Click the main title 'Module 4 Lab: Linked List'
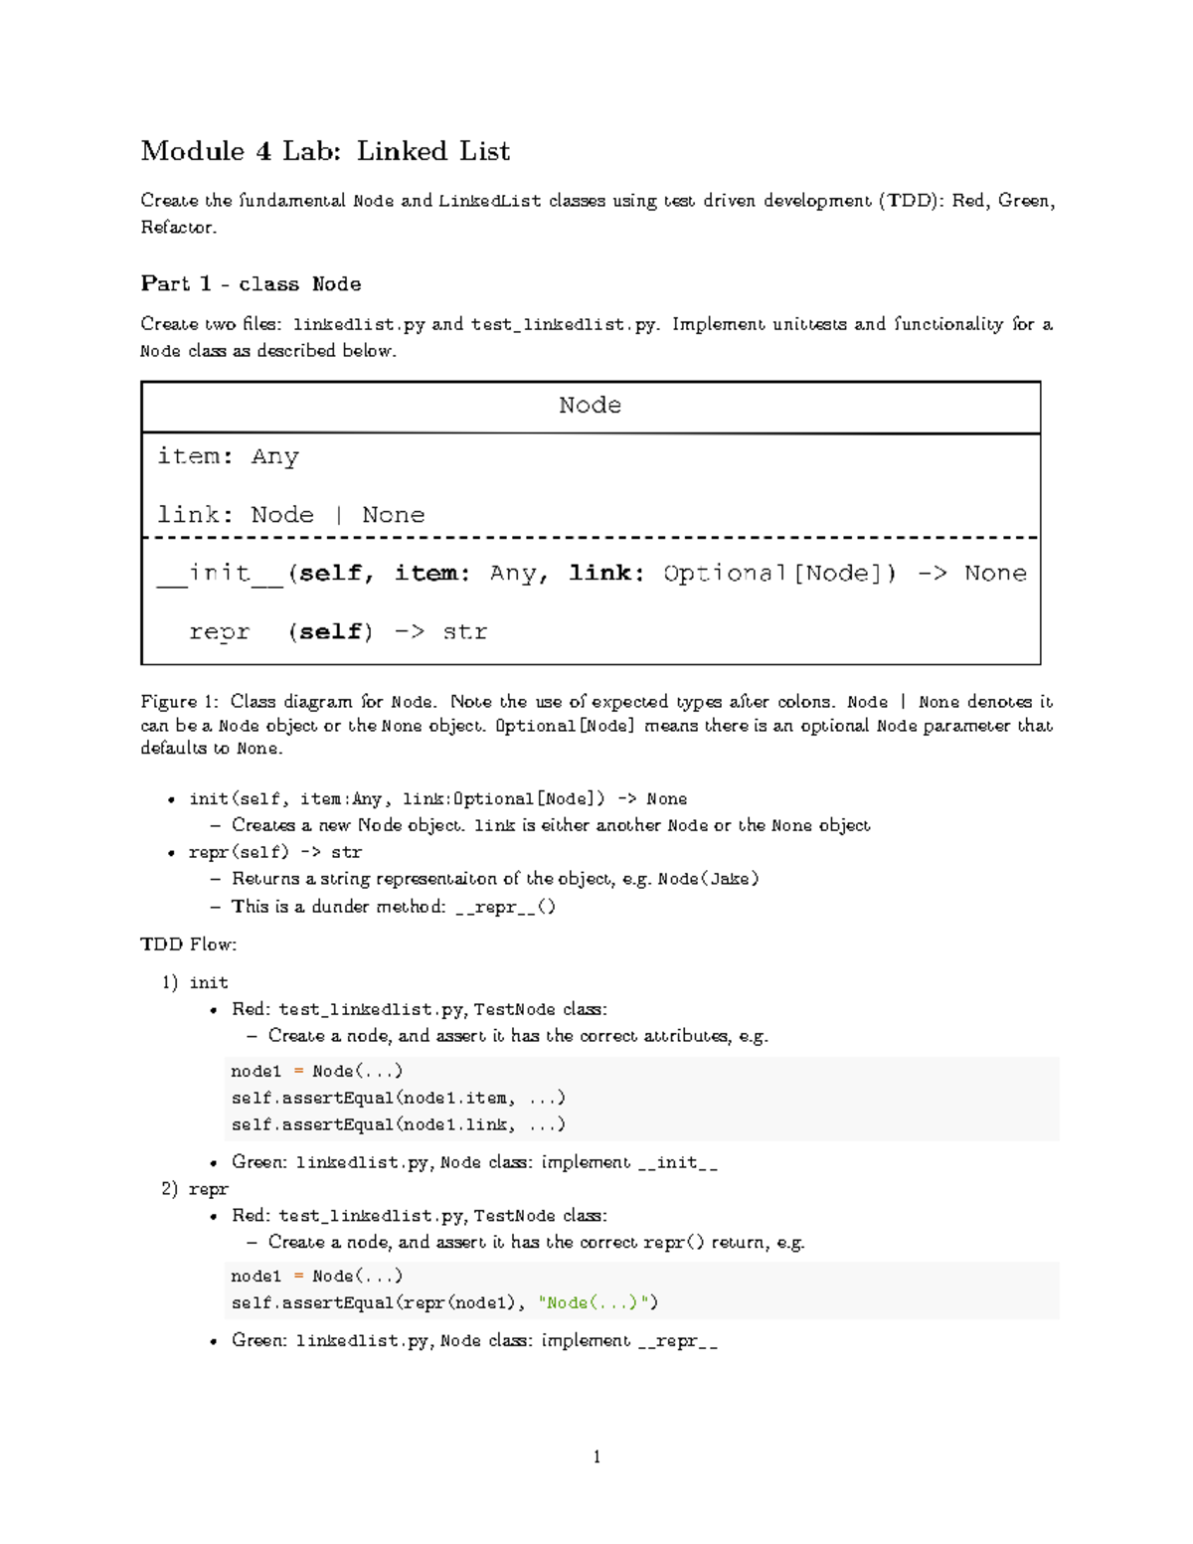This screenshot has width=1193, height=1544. [325, 151]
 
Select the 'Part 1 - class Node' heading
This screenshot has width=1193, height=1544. [251, 284]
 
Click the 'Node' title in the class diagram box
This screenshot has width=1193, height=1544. [590, 406]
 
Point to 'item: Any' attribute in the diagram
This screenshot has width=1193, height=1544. [228, 456]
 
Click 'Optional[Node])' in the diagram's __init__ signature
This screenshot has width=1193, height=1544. [779, 574]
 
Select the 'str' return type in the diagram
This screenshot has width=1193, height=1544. [464, 632]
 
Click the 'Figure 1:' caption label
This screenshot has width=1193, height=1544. [179, 702]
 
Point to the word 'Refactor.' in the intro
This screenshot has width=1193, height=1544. [178, 228]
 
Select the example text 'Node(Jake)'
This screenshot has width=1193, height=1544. [708, 879]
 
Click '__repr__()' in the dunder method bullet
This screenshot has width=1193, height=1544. [505, 907]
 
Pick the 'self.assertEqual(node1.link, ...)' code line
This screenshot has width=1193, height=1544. [398, 1124]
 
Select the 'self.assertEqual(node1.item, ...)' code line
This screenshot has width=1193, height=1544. [398, 1098]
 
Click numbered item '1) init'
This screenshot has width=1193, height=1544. [195, 982]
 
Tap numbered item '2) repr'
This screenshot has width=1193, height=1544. [195, 1189]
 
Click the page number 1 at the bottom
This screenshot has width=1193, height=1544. [596, 1458]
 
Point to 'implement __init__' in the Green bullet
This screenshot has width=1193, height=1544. [629, 1162]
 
